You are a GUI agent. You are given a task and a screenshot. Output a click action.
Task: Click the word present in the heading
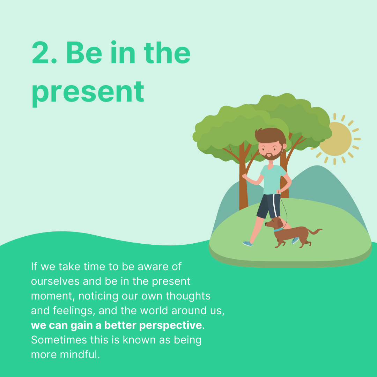(x=88, y=93)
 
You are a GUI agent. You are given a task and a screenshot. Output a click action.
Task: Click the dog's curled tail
(x=315, y=231)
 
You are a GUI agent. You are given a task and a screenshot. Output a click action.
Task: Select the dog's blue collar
(x=278, y=230)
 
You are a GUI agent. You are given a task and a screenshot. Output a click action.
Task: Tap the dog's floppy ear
(x=280, y=223)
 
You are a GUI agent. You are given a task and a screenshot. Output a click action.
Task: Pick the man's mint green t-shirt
(x=272, y=179)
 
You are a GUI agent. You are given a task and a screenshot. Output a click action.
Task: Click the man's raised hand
(x=244, y=176)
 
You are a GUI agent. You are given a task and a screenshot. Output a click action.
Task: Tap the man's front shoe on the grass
(x=247, y=244)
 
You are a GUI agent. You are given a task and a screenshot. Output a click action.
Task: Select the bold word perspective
(x=170, y=326)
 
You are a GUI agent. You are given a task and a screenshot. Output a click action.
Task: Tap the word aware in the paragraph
(x=153, y=267)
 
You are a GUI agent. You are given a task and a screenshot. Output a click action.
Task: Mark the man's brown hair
(x=270, y=135)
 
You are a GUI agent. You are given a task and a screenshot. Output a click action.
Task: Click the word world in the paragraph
(x=154, y=310)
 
